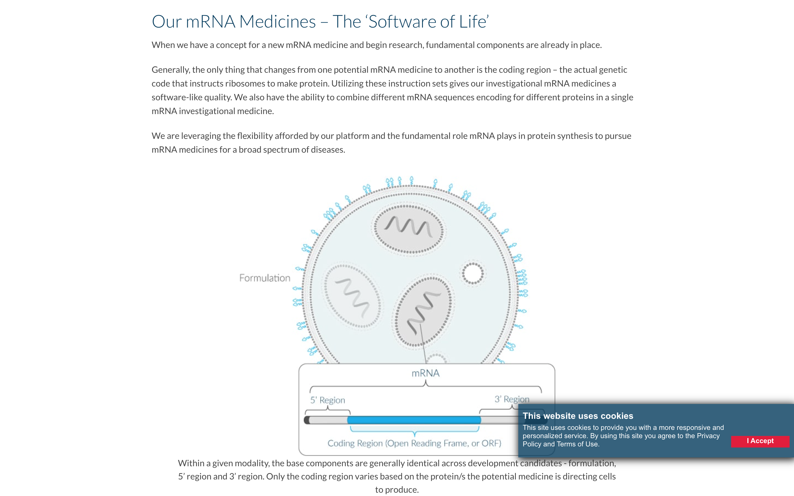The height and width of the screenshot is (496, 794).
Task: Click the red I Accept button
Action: (760, 441)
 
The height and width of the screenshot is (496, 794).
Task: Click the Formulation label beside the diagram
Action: (264, 278)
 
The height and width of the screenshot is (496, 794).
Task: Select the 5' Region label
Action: (328, 400)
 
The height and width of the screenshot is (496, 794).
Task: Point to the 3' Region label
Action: (512, 399)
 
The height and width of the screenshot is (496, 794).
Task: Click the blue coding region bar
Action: (414, 420)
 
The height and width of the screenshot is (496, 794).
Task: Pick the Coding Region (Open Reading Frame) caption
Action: (414, 444)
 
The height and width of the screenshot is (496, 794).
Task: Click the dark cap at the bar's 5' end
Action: (307, 420)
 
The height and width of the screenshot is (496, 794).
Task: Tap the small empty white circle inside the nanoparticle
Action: (473, 273)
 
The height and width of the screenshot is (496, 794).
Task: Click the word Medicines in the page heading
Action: (277, 22)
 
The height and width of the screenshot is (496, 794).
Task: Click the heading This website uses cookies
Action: (578, 416)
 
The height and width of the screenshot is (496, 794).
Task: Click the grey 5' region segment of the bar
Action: (328, 420)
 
